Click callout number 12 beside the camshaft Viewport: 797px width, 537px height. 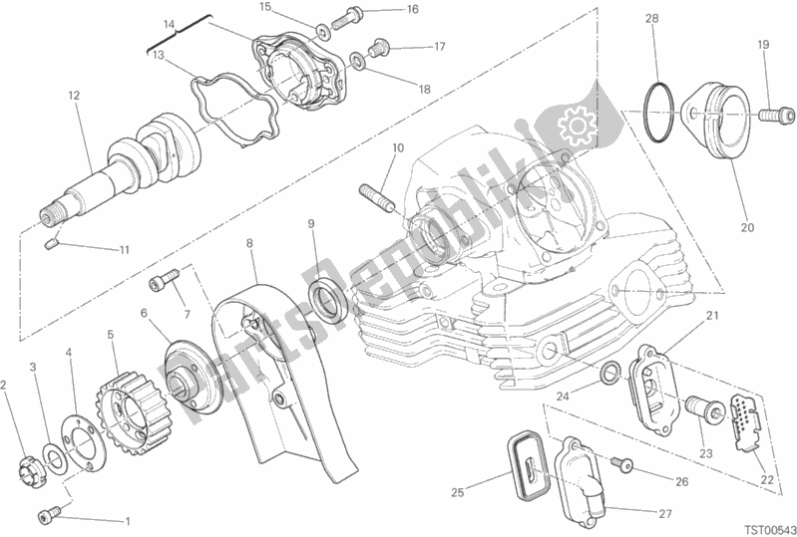coord(73,96)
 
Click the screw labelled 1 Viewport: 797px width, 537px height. coord(49,513)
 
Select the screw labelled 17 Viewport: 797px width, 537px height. coord(380,45)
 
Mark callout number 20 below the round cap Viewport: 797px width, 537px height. coord(747,227)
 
